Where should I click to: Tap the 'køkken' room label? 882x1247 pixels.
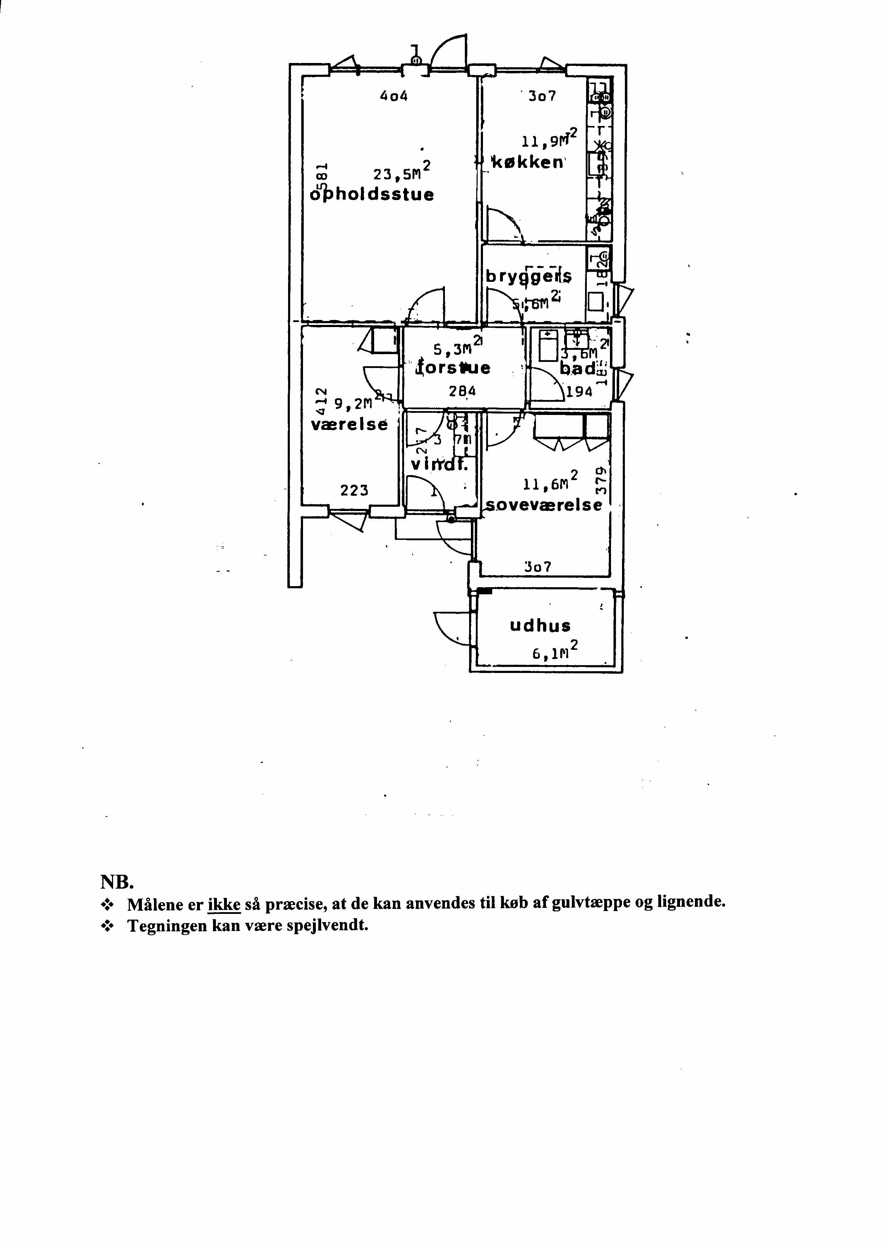[527, 163]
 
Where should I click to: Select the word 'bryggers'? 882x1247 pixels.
[528, 277]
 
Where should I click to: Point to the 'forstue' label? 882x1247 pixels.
[453, 368]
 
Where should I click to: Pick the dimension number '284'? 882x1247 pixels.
[462, 391]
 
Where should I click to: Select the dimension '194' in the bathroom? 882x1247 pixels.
[579, 391]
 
